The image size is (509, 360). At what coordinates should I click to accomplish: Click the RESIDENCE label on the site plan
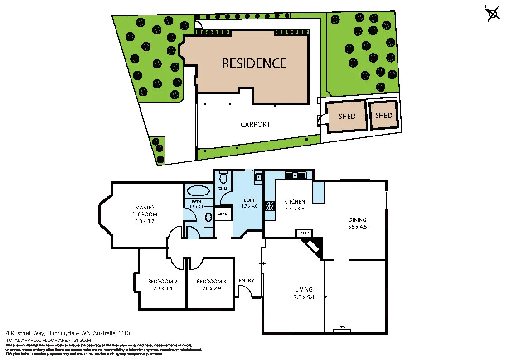254,63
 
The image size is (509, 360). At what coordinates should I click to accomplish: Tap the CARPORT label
255,124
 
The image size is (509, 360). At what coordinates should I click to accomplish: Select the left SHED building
347,117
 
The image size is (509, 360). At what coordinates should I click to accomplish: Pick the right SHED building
383,115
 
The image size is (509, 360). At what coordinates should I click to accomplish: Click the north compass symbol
493,14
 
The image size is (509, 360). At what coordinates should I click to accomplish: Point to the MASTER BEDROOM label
145,211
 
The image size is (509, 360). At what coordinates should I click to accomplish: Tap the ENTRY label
246,281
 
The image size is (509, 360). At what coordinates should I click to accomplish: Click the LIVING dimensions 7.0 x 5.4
304,297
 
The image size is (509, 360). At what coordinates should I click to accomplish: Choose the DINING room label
357,220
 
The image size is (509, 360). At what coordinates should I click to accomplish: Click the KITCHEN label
294,202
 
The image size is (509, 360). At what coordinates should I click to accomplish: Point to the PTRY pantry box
304,234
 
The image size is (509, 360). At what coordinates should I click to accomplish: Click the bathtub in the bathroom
198,190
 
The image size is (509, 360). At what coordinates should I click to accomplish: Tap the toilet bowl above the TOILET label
223,177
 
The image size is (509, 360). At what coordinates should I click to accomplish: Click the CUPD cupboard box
222,214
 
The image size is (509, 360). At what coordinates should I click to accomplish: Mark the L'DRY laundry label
249,200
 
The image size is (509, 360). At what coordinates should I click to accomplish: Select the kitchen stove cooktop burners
269,206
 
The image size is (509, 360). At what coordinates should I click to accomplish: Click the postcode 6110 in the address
124,333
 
